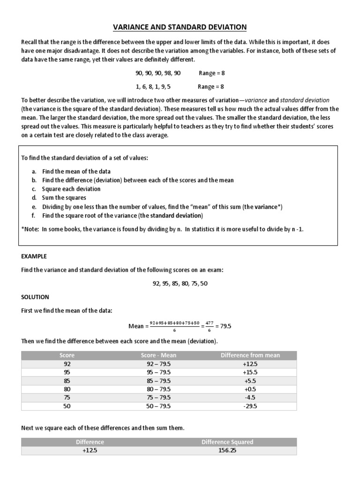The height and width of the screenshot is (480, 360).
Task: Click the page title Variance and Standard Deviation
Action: click(x=180, y=27)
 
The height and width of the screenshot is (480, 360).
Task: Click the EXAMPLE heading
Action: click(x=33, y=256)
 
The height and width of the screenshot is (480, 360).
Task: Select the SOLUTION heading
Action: click(x=35, y=297)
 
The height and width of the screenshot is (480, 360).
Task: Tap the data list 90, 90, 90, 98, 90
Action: click(x=157, y=74)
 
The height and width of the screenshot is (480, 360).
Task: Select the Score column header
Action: click(x=67, y=355)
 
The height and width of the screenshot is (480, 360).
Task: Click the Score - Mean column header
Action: click(x=158, y=355)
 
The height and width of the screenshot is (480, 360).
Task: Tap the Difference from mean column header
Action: click(x=250, y=355)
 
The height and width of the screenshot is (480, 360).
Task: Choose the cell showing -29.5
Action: click(x=250, y=406)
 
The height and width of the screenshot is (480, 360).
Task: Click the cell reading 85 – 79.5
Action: click(x=158, y=381)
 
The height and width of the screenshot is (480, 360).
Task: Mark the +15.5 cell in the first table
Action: click(x=250, y=372)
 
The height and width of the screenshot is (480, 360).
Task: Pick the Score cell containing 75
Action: click(x=67, y=397)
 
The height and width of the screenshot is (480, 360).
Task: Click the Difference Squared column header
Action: click(x=227, y=442)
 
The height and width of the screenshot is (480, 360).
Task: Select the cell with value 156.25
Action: click(x=227, y=450)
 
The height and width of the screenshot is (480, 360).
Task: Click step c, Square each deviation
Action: click(x=71, y=189)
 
